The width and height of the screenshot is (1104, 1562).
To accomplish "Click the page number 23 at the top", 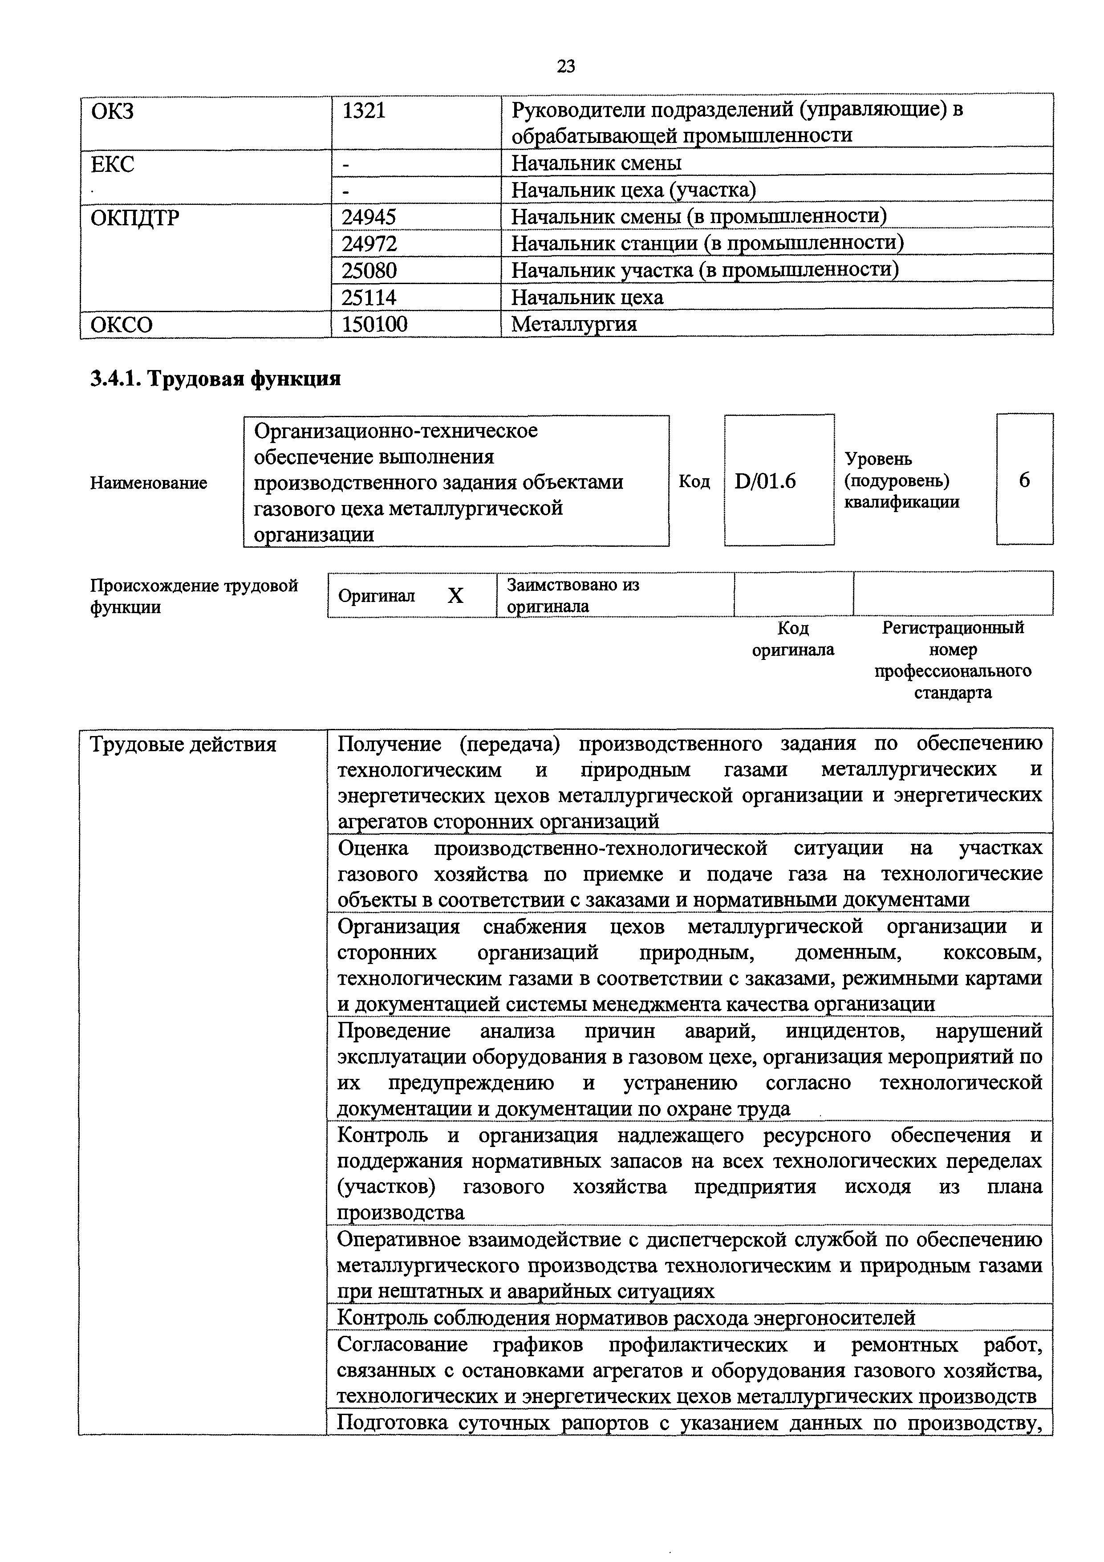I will (565, 66).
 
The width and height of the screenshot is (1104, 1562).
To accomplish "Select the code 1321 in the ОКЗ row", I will (363, 111).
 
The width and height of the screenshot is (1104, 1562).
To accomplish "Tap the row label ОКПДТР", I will (135, 218).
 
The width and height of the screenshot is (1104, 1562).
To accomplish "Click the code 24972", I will (369, 244).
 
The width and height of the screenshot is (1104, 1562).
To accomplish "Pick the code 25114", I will (369, 297).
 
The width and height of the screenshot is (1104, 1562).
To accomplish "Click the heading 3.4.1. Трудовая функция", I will (215, 378).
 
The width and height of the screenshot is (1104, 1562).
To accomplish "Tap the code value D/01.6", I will (765, 481).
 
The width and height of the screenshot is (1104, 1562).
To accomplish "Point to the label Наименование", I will (148, 483).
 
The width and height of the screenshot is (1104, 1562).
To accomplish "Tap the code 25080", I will (369, 271).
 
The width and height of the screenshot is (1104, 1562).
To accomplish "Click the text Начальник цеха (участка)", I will (633, 190).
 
